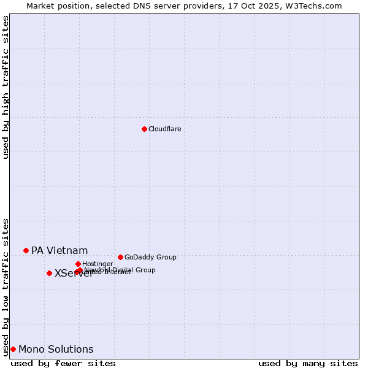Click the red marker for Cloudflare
[x=144, y=129]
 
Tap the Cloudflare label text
[x=164, y=129]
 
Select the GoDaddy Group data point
[x=120, y=257]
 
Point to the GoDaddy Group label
[x=150, y=257]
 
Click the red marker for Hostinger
[x=78, y=264]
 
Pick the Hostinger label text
[x=98, y=264]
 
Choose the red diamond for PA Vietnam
[x=26, y=250]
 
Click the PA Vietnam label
[x=59, y=250]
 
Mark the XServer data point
[x=49, y=273]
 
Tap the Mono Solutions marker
[x=13, y=349]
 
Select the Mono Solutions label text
[x=56, y=349]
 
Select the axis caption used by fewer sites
[x=63, y=363]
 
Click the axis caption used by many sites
[x=308, y=363]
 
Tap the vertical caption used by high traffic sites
[x=6, y=88]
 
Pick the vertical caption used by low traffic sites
[x=6, y=286]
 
